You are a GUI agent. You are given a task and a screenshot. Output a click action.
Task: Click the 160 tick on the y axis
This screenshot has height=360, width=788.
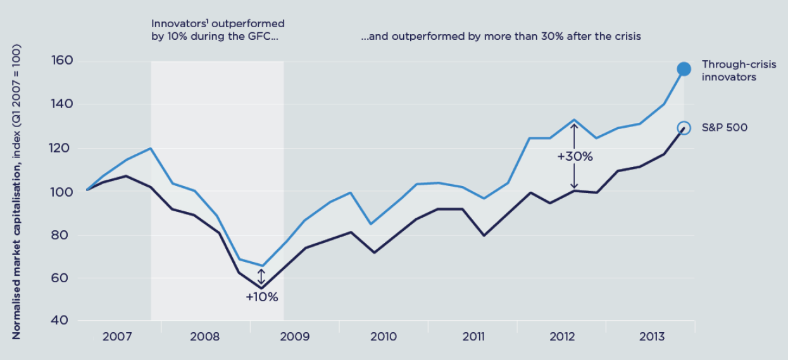(61, 61)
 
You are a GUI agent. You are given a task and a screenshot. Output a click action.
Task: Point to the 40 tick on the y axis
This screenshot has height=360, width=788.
(61, 320)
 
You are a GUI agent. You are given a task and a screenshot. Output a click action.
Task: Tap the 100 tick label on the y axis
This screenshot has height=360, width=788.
(61, 191)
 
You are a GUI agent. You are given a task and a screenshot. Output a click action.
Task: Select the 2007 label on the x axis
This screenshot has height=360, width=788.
(117, 336)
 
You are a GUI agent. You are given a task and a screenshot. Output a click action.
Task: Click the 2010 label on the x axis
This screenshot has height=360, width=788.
(384, 336)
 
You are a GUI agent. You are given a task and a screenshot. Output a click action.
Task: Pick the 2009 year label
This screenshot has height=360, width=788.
(295, 336)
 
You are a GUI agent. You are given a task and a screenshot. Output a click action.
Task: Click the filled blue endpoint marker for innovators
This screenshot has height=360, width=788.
(684, 69)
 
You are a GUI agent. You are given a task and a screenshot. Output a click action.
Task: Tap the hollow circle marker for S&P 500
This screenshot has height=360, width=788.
(684, 128)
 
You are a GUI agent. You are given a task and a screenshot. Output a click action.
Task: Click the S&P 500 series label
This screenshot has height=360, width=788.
(725, 128)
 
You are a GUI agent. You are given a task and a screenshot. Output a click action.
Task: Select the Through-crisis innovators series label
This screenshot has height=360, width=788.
(729, 71)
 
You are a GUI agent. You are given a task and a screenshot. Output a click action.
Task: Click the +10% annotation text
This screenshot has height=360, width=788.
(262, 297)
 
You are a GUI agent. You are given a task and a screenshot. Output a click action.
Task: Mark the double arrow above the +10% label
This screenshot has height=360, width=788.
(261, 277)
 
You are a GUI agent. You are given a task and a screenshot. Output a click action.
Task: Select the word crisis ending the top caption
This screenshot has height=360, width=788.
(626, 36)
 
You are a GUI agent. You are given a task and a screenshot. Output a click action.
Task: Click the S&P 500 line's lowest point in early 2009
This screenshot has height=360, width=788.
(261, 289)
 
